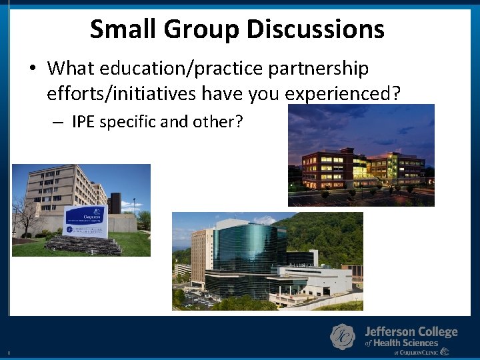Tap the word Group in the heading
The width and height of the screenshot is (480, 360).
click(x=201, y=29)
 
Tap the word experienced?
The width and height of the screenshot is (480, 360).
click(x=343, y=93)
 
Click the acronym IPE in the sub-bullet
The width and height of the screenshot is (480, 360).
click(x=84, y=122)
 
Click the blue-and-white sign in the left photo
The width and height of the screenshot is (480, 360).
click(x=85, y=221)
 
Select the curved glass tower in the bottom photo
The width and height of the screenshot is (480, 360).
click(x=246, y=257)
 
